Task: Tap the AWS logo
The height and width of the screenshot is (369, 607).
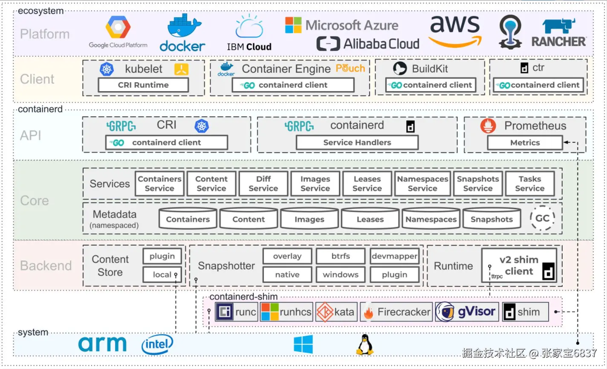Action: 455,31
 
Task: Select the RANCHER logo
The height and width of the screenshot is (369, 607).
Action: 558,33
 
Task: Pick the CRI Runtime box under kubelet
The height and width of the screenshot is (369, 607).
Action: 143,85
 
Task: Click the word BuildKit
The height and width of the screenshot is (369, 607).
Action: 430,69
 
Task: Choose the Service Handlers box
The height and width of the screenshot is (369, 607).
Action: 357,142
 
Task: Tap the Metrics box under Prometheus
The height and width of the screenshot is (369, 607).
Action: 525,143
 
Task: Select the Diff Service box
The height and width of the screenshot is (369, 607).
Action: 263,184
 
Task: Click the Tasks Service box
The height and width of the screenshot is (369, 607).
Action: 529,184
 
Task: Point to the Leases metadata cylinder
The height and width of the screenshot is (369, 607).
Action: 370,219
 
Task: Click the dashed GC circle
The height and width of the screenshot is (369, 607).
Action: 542,218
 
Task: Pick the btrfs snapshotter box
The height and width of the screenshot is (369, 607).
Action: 340,256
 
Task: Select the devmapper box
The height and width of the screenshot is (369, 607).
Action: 394,256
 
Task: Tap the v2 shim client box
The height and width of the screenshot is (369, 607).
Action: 519,266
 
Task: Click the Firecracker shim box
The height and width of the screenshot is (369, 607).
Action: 396,312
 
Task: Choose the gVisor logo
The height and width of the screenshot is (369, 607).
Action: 467,312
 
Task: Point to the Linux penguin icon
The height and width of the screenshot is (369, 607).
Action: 364,344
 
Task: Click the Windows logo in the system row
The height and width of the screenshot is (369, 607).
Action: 303,344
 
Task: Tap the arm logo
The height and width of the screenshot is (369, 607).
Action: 102,344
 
